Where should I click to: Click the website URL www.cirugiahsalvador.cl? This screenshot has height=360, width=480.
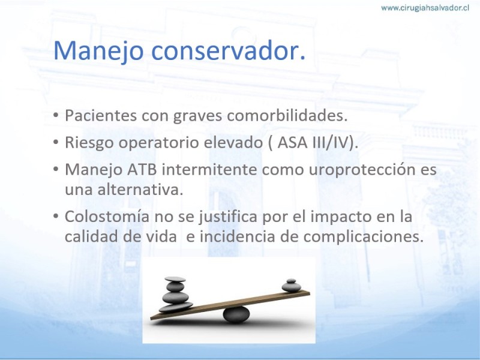pos(425,8)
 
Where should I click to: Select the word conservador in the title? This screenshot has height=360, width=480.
pos(229,50)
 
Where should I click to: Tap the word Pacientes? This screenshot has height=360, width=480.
pos(101,115)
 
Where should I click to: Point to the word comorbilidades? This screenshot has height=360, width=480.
pos(287,115)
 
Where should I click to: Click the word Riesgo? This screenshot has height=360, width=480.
pos(89,143)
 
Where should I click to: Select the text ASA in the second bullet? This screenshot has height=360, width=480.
pos(292,142)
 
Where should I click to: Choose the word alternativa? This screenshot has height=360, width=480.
pos(140,190)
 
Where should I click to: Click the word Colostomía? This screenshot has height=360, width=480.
pos(107,217)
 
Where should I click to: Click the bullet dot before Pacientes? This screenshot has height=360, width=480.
pos(56,115)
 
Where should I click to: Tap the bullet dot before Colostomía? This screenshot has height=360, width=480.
pos(56,217)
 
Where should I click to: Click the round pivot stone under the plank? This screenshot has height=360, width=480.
pos(236,314)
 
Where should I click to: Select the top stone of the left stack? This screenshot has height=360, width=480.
pos(175,279)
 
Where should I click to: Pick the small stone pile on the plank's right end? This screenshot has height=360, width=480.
pos(292,286)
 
